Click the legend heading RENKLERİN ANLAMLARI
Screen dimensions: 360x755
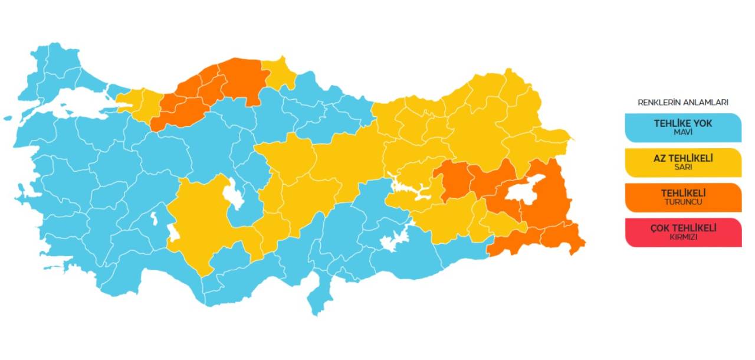click(682, 102)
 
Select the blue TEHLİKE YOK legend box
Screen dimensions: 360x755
click(683, 127)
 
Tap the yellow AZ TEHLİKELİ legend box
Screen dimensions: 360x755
click(683, 162)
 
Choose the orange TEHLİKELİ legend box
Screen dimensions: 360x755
click(683, 197)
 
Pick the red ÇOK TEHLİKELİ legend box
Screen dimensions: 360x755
click(683, 232)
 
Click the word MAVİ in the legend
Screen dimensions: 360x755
click(683, 132)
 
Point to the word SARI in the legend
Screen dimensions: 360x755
click(683, 167)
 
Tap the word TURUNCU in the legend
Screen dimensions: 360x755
click(683, 202)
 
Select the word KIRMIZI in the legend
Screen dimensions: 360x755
click(683, 237)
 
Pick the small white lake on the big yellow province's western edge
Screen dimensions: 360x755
click(173, 233)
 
